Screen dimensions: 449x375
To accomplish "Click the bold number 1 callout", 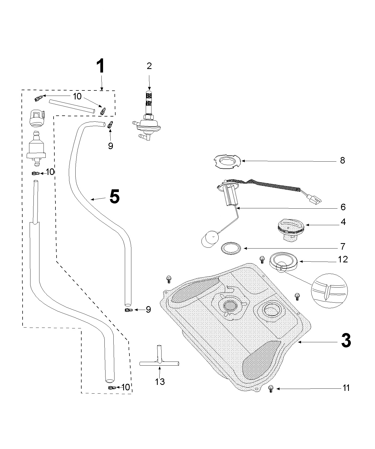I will point(101,67).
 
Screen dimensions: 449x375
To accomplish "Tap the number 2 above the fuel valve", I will point(149,66).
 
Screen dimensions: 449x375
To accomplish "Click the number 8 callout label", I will point(342,160).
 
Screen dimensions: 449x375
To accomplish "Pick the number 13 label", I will point(160,382).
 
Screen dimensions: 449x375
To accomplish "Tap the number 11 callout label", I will point(346,388).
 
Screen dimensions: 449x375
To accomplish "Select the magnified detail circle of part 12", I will point(329,291).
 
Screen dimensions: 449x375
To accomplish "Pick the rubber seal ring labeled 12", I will point(284,261).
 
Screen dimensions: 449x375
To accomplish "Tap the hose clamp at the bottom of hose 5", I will point(128,310).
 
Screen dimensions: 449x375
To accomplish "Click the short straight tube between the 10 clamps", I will point(72,105).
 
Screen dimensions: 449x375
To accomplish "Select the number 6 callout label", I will point(343,207).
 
